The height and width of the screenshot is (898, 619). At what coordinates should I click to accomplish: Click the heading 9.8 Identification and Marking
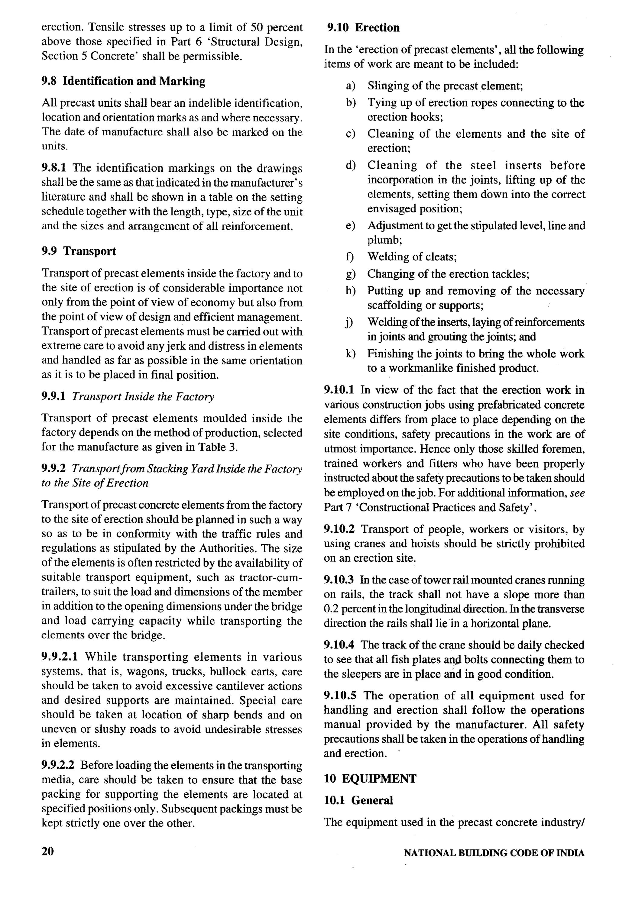(x=123, y=81)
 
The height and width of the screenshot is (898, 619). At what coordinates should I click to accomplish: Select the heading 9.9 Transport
(x=79, y=251)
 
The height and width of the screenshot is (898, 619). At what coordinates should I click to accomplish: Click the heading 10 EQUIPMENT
(x=370, y=779)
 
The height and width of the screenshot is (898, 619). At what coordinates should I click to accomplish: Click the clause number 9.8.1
(x=53, y=168)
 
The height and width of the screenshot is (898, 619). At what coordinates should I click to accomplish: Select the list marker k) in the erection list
(x=350, y=354)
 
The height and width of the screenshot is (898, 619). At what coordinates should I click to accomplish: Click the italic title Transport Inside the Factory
(x=143, y=397)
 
